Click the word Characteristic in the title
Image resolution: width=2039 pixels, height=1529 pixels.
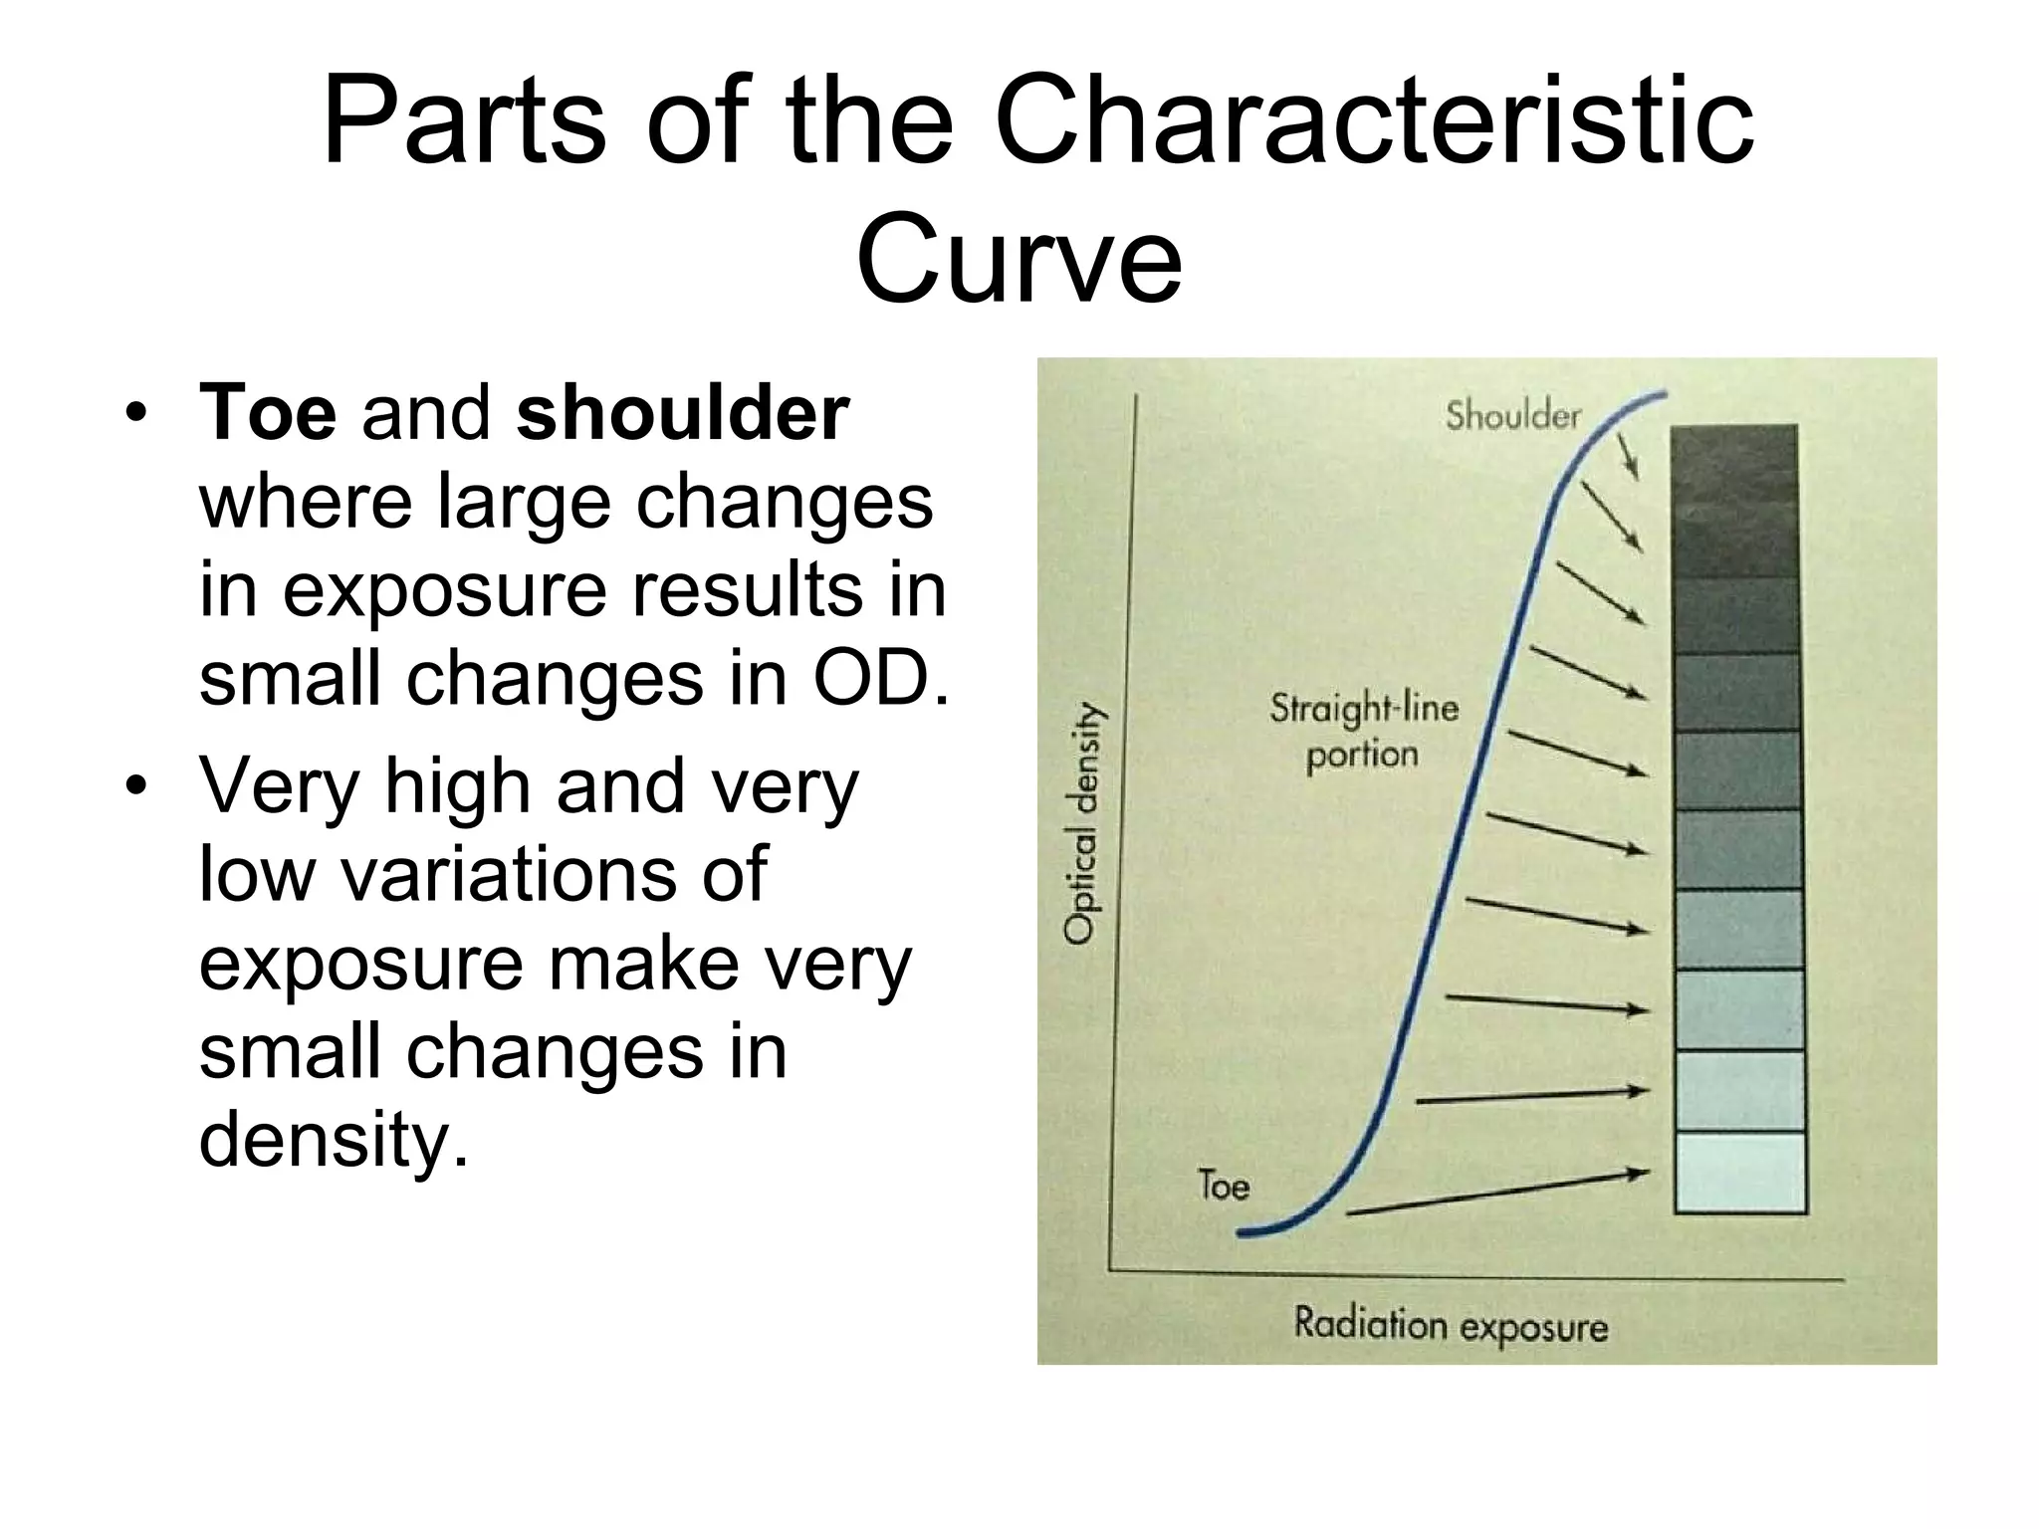click(1374, 124)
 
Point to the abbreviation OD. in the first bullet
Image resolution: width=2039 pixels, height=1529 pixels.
click(880, 678)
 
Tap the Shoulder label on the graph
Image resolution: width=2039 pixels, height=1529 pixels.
click(1512, 415)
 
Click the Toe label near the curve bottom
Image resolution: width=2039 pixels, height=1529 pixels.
click(1224, 1186)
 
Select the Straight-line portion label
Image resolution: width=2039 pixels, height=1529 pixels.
click(1363, 731)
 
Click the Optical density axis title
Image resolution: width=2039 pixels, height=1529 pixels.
click(1081, 822)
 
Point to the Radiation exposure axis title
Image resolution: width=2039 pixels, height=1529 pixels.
click(1451, 1326)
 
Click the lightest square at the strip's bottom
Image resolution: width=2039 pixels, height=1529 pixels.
click(1740, 1173)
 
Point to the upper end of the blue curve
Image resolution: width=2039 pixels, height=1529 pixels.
click(1663, 396)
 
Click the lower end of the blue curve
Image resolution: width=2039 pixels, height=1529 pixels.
click(1243, 1232)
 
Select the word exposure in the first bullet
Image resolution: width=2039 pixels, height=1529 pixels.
click(444, 590)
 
